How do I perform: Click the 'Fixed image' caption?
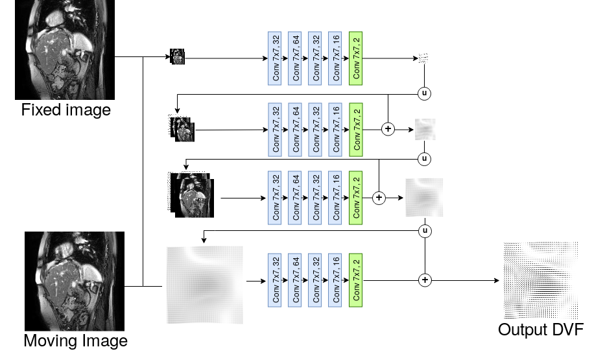[66, 110]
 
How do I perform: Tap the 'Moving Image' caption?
[75, 341]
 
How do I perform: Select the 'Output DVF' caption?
[541, 330]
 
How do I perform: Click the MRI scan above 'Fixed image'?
[65, 49]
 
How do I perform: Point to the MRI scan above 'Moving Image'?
[75, 281]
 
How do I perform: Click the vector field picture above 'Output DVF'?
[541, 280]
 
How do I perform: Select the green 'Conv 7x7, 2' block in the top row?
[355, 58]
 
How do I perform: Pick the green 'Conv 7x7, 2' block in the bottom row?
[355, 280]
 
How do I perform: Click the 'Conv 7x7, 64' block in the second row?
[295, 130]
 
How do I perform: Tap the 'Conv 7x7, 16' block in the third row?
[335, 198]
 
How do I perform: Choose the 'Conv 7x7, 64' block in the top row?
[295, 58]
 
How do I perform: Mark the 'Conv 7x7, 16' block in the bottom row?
[335, 280]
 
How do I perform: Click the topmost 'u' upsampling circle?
[424, 93]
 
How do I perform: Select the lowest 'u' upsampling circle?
[425, 231]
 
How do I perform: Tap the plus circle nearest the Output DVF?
[425, 280]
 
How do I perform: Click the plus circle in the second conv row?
[388, 129]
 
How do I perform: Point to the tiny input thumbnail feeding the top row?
[177, 56]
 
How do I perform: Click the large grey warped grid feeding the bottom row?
[205, 285]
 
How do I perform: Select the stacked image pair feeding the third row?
[191, 195]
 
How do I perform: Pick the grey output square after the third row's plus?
[424, 197]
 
